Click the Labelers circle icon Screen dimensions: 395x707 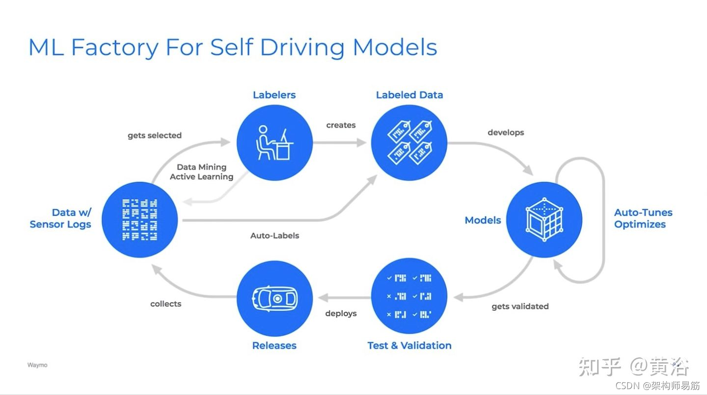274,143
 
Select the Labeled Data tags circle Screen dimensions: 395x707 409,143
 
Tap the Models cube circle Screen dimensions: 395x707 544,220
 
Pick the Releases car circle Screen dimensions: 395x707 274,298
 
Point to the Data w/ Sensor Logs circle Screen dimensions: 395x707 140,220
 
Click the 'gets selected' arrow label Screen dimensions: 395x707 155,135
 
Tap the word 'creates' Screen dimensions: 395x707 341,125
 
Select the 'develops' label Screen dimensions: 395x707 506,132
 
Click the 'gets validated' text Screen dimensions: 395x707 520,306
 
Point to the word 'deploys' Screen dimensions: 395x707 341,313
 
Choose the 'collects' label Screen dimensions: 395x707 165,304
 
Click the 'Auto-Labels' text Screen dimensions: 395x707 274,236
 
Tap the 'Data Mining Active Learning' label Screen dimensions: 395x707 201,172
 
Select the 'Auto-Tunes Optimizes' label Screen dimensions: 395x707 643,219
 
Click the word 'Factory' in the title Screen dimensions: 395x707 115,48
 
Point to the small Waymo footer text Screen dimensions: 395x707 37,365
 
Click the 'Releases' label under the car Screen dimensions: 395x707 274,346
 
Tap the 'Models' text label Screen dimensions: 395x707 483,221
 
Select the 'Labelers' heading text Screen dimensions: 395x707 274,95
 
